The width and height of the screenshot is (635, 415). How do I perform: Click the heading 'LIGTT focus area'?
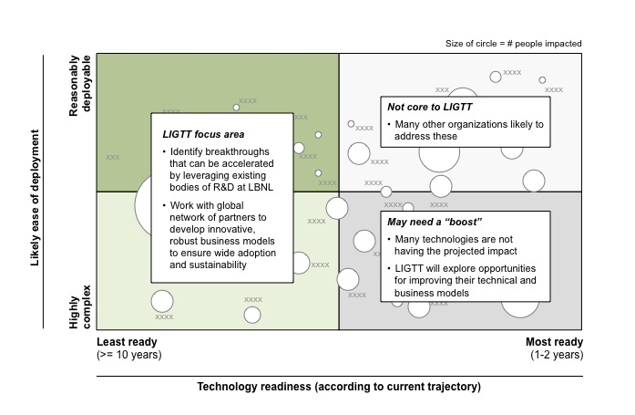[x=203, y=134]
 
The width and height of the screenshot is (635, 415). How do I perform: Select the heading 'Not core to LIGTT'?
[x=430, y=107]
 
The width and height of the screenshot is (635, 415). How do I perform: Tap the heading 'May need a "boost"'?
[x=435, y=222]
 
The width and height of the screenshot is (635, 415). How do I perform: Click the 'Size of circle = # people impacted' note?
[x=514, y=44]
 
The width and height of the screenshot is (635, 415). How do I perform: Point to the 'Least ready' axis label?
[x=127, y=342]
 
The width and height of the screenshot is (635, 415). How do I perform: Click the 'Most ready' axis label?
[x=555, y=342]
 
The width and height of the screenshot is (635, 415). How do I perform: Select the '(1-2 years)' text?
[x=557, y=355]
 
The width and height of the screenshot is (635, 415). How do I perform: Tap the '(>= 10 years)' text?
[x=129, y=355]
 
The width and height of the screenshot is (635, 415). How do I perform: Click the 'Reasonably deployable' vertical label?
[x=80, y=86]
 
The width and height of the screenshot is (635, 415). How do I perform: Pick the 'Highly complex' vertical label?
[x=80, y=306]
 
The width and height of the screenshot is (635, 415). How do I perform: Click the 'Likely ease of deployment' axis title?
[x=35, y=198]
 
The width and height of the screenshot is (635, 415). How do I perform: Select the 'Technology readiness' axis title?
[x=339, y=386]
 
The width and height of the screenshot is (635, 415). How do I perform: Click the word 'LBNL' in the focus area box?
[x=261, y=187]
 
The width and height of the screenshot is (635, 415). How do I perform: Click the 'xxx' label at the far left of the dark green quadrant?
[x=113, y=157]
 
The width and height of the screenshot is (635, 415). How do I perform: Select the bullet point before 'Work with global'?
[x=164, y=205]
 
